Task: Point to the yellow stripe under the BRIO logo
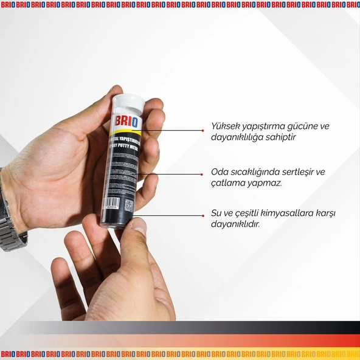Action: tap(129, 131)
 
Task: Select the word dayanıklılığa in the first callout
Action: tap(238, 138)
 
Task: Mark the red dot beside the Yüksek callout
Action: tap(202, 130)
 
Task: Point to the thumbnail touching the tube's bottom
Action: tap(139, 227)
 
